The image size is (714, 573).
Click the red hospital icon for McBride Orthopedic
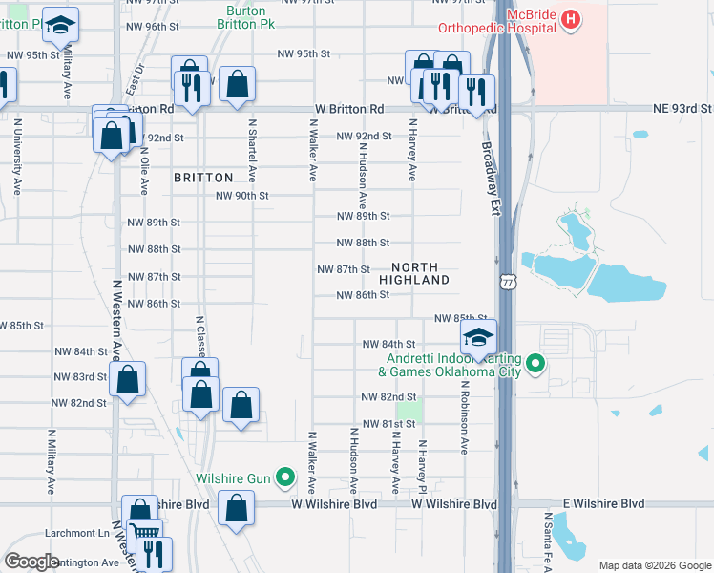(x=570, y=18)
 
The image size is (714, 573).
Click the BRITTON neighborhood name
(x=203, y=178)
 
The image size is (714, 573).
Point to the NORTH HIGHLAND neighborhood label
(x=414, y=273)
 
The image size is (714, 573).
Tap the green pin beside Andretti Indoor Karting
(x=535, y=363)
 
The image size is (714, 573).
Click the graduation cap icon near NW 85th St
(x=477, y=337)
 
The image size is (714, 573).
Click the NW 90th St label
(x=242, y=196)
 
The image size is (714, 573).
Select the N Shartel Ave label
(x=252, y=150)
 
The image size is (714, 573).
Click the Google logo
(x=32, y=562)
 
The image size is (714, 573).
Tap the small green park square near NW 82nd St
(x=409, y=411)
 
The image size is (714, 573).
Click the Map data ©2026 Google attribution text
(x=653, y=564)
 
